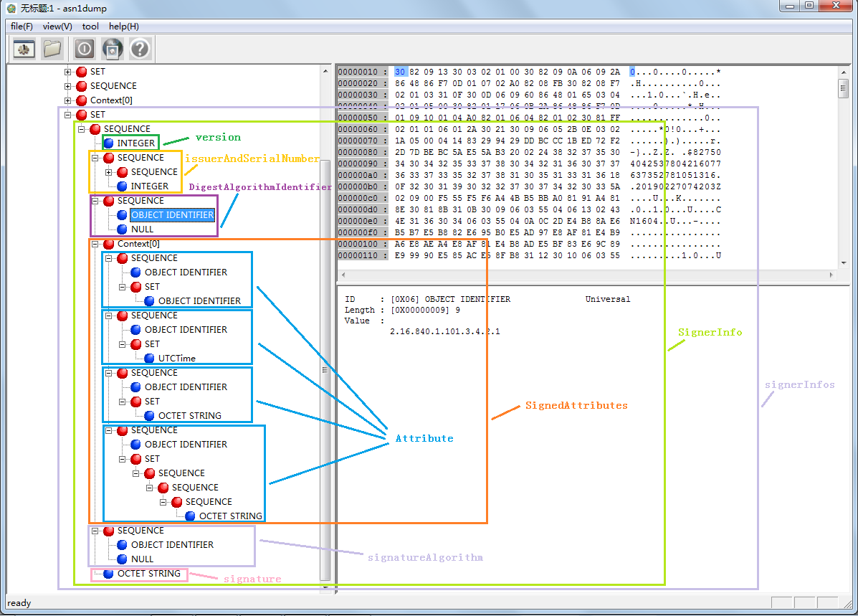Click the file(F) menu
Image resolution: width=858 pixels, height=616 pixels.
tap(22, 27)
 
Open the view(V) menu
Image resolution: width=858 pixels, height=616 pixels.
tap(57, 27)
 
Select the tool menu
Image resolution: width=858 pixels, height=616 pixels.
tap(90, 27)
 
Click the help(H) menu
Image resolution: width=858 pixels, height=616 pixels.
tap(123, 27)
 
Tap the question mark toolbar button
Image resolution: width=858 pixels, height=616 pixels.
tap(139, 49)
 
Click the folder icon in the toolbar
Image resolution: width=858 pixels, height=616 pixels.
tap(52, 49)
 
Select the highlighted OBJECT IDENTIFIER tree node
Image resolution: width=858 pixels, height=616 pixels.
tap(172, 215)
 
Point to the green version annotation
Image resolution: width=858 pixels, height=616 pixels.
tap(218, 137)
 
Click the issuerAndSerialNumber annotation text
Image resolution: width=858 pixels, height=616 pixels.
tap(252, 158)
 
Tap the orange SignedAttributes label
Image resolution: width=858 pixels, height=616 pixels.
tap(576, 405)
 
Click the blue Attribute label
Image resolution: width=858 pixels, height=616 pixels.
tap(424, 438)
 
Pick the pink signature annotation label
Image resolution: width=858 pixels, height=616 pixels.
tap(252, 579)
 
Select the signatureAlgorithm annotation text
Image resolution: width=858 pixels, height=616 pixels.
tap(425, 557)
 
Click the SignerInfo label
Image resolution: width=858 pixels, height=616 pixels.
tap(710, 333)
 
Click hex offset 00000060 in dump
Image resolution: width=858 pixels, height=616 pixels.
tap(361, 130)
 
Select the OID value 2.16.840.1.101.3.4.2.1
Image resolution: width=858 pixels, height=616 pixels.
tap(444, 332)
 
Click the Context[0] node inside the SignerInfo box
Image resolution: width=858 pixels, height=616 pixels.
tap(138, 244)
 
